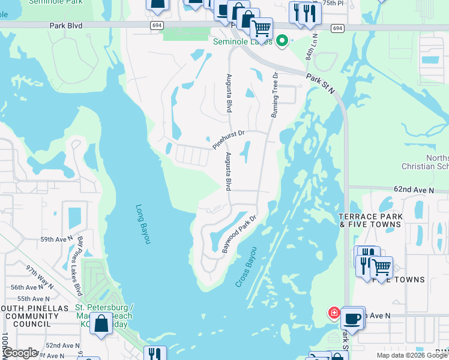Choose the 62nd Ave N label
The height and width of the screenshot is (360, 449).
tap(414, 190)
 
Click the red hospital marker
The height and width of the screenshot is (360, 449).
tap(334, 313)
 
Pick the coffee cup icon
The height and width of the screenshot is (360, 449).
tap(353, 317)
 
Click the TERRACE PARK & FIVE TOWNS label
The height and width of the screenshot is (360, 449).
tap(369, 220)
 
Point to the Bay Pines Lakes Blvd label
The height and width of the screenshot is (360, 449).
tap(79, 257)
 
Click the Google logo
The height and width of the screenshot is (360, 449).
tap(19, 352)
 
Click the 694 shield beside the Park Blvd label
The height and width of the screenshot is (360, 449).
tap(157, 25)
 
